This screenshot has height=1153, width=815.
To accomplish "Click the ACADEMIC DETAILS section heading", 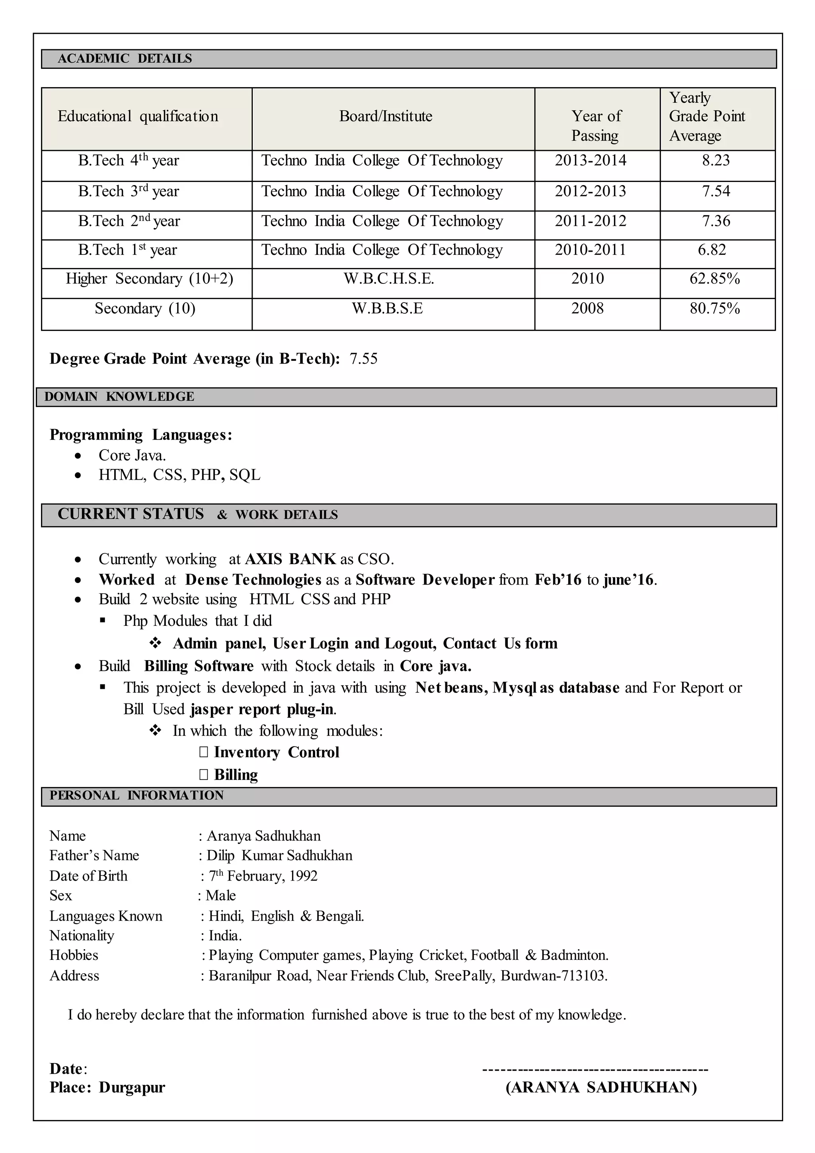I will click(125, 59).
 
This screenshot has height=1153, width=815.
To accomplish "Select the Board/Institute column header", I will click(386, 117).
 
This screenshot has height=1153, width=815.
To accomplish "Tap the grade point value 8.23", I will click(716, 161).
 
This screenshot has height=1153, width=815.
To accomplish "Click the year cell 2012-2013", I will click(590, 192).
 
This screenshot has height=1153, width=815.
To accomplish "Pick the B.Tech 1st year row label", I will click(127, 250).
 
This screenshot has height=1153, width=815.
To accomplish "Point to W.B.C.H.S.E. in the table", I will click(388, 279).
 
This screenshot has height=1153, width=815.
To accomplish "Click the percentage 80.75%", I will click(715, 308).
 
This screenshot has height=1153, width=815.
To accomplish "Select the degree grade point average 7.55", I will click(363, 359).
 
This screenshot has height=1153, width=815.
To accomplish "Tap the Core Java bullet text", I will click(132, 455).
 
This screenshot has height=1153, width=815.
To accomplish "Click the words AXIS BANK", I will click(290, 559).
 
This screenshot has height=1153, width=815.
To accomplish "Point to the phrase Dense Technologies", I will click(253, 580).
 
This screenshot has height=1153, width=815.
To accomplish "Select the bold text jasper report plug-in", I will click(262, 709).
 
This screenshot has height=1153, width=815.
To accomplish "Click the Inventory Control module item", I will click(276, 752).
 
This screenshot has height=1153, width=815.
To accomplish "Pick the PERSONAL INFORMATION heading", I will click(136, 795).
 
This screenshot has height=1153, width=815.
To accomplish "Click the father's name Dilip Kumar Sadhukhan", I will click(279, 856).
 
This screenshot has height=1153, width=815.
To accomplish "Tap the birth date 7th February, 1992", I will click(263, 876).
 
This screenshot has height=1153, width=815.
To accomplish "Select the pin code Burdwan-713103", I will click(553, 976).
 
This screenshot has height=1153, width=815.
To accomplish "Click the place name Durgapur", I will click(132, 1087).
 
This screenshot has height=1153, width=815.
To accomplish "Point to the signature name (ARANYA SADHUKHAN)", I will click(601, 1087).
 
